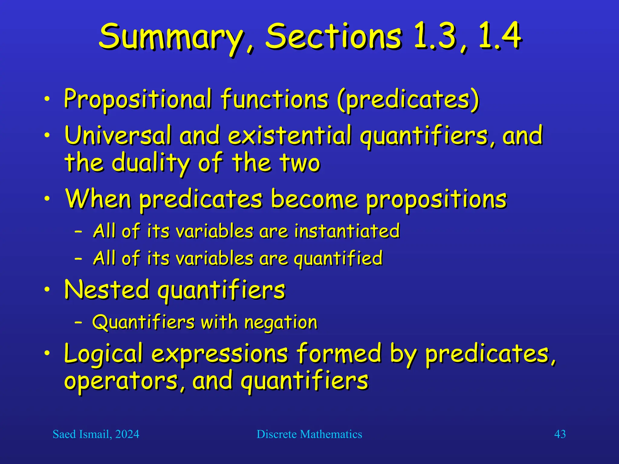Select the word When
[x=99, y=199]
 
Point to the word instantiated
[x=347, y=231]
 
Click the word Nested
[x=107, y=290]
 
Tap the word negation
[x=281, y=323]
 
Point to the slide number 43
[x=560, y=434]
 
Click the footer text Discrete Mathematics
[x=309, y=434]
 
